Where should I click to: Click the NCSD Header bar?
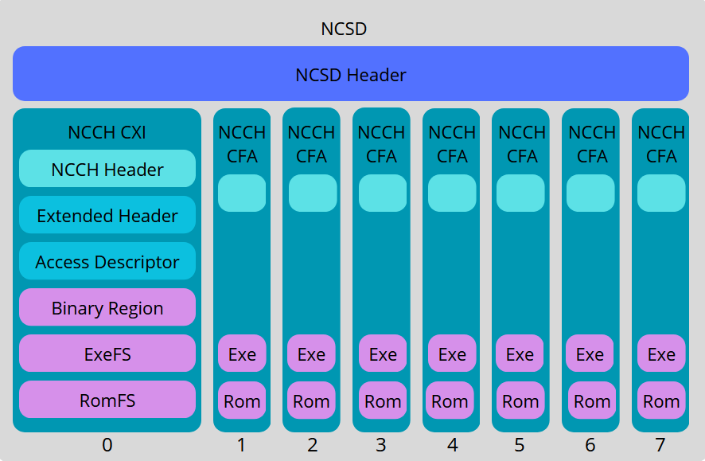(x=351, y=74)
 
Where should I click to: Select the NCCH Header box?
(x=107, y=169)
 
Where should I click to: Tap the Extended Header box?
(x=107, y=215)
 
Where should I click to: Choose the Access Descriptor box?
(x=107, y=261)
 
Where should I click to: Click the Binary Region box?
(x=107, y=307)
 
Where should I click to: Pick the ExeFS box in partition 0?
(x=107, y=354)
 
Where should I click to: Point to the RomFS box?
(x=107, y=400)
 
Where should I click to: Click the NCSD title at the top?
(x=344, y=29)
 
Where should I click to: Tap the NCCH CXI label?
(x=107, y=132)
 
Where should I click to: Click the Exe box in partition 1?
(x=242, y=354)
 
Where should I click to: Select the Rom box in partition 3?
(x=383, y=400)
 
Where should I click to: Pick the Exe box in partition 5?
(x=520, y=354)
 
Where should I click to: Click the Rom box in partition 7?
(x=661, y=400)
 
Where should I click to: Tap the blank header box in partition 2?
(x=312, y=193)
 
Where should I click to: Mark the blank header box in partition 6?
(x=590, y=193)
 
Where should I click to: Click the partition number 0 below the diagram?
(x=107, y=445)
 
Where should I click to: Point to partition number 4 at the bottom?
(x=452, y=445)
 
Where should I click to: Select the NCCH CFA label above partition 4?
(x=452, y=144)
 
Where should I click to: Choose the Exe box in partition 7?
(x=661, y=354)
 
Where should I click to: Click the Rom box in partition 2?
(x=311, y=400)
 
